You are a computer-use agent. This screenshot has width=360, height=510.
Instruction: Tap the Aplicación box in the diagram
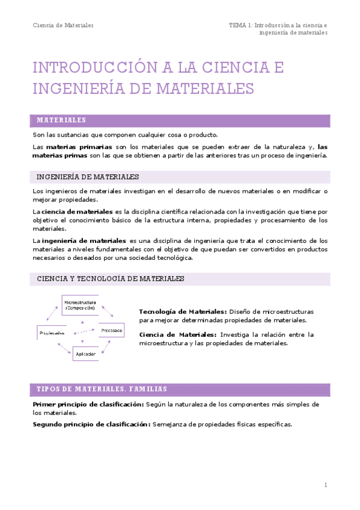(85, 354)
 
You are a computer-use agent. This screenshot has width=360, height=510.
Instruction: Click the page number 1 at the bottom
(325, 485)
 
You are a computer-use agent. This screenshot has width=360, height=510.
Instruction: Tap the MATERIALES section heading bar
(181, 120)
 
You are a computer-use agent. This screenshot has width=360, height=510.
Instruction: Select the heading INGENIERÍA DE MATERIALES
(88, 177)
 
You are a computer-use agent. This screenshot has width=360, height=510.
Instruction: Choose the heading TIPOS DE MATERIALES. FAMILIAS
(102, 389)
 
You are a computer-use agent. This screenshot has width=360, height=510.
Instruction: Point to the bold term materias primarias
(79, 146)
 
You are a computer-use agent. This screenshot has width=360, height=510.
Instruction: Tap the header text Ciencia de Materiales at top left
(63, 25)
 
